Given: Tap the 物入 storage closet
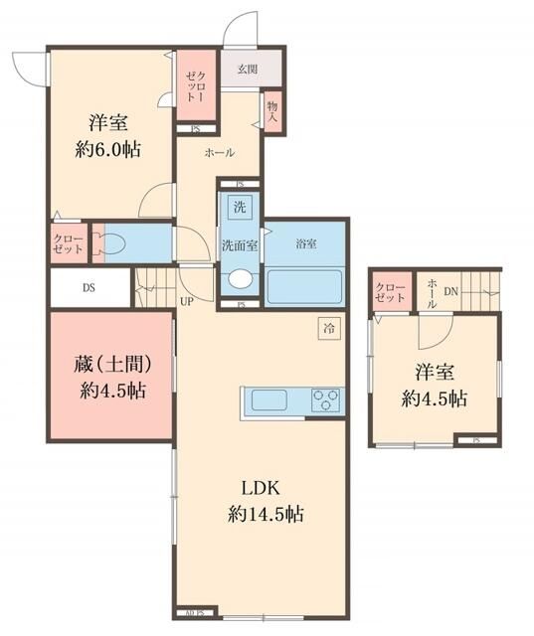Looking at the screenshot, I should coord(271,111).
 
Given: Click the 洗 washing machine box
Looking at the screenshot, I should coord(239,208).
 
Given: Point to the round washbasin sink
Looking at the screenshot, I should coord(240,281).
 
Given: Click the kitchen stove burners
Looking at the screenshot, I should coord(324,401).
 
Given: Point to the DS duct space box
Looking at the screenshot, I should coord(89,289).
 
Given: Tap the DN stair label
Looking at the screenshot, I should coord(450,291).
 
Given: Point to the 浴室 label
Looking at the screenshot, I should coord(305,243).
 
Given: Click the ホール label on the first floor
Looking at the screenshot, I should coord(219,152).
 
